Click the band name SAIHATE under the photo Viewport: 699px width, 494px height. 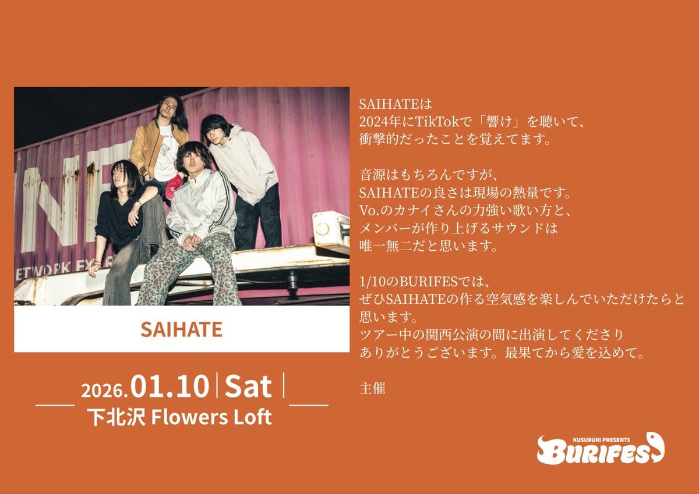coord(181,329)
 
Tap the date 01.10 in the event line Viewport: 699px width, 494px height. coord(170,387)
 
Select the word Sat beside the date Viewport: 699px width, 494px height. coord(249,387)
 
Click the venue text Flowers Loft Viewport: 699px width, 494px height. coord(211,417)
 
